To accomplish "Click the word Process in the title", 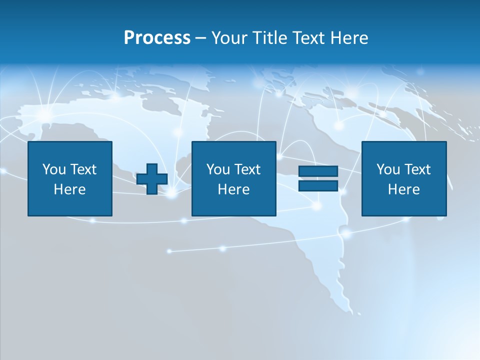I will [157, 38].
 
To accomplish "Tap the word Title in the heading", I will [270, 38].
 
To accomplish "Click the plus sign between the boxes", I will [152, 179].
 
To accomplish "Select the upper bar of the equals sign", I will [318, 171].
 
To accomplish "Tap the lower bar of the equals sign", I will [318, 185].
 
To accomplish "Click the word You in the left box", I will [54, 169].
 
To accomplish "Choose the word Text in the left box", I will [83, 169].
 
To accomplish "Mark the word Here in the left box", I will [69, 189].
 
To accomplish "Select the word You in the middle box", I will [218, 169].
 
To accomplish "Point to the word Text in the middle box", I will [247, 169].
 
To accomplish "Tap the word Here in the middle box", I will [233, 189].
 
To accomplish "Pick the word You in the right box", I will [388, 169].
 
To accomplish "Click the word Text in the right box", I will [417, 169].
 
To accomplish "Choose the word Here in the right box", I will [403, 189].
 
